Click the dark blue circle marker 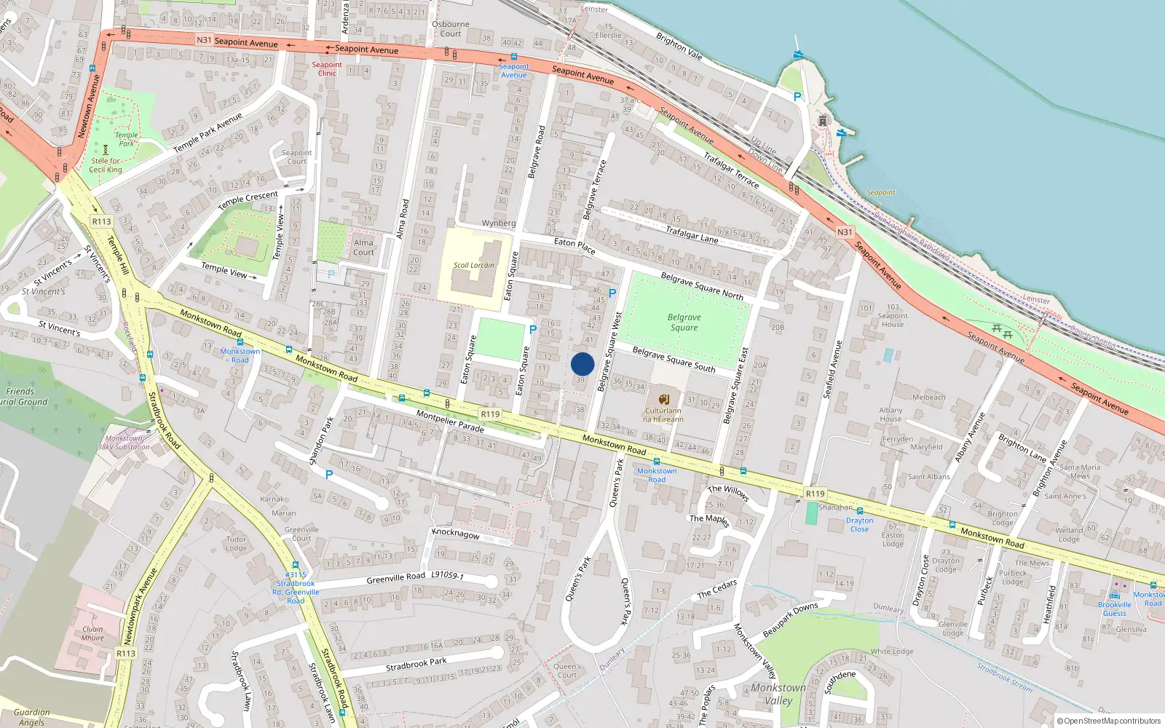point(582,364)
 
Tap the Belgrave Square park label point(684,323)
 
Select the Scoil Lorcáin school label point(473,265)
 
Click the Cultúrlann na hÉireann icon point(663,400)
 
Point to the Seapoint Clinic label point(327,69)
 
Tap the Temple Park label point(126,139)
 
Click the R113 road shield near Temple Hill point(101,221)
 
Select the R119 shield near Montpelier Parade point(490,414)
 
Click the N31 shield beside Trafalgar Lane point(845,232)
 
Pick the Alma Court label point(363,248)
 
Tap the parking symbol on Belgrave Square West point(612,293)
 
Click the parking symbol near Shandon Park point(329,475)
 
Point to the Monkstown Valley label point(778,694)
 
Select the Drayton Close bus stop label point(859,524)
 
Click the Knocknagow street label point(456,534)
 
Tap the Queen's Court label point(566,670)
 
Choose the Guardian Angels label point(31,717)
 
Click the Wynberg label point(498,223)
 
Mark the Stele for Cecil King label point(106,165)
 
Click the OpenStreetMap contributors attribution point(1108,721)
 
